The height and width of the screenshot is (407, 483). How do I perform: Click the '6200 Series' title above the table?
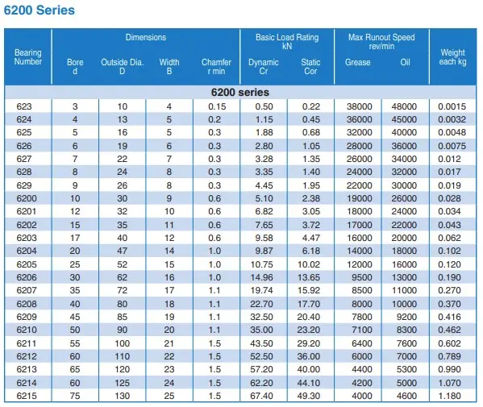click(x=40, y=10)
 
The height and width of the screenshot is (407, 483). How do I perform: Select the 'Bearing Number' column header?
click(x=28, y=57)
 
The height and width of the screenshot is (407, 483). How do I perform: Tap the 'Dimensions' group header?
click(x=146, y=37)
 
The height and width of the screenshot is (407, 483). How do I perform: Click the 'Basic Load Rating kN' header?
click(x=287, y=42)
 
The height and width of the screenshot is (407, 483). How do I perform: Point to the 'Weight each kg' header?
click(x=452, y=57)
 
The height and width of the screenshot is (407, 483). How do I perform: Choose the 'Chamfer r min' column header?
click(x=216, y=67)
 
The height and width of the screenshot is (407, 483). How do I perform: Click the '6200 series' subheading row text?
click(x=240, y=92)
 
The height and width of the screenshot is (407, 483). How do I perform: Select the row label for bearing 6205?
click(x=27, y=264)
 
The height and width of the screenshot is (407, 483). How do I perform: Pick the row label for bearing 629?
click(x=24, y=185)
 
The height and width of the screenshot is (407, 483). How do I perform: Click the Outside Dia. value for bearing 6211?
click(x=123, y=343)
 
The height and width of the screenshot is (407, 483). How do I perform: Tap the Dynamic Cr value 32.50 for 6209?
click(x=261, y=317)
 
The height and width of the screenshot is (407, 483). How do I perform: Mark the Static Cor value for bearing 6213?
click(x=309, y=369)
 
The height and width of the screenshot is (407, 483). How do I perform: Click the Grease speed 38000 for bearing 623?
click(x=360, y=106)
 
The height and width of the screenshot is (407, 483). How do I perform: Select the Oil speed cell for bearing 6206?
click(x=404, y=277)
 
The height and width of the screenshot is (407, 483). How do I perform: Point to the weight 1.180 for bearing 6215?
click(x=449, y=396)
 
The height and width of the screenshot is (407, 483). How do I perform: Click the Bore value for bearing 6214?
click(x=75, y=383)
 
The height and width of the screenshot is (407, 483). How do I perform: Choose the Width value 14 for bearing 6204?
click(x=169, y=251)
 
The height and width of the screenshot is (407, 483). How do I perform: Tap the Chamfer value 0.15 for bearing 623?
click(x=217, y=106)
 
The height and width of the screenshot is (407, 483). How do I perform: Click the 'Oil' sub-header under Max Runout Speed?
click(x=405, y=62)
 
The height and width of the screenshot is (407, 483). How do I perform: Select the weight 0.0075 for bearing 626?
click(x=452, y=146)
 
